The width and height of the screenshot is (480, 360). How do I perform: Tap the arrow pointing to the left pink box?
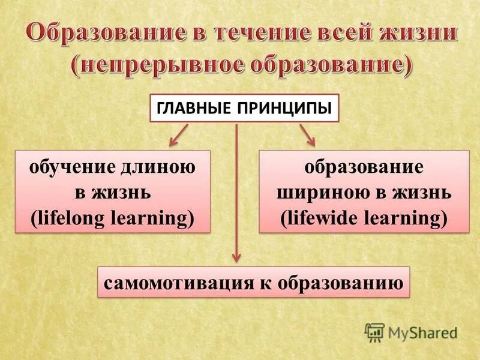click(x=179, y=136)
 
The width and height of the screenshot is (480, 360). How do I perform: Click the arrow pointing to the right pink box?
click(x=307, y=136)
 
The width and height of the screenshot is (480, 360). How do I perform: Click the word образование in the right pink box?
click(x=364, y=167)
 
